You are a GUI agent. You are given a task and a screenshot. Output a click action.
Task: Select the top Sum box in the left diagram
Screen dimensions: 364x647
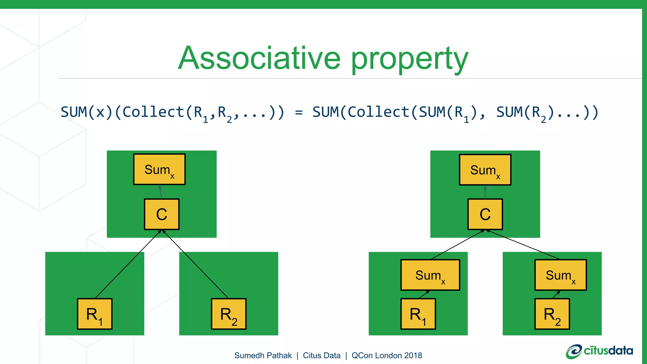pos(159,169)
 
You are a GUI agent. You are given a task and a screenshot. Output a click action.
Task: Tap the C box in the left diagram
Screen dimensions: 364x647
pos(161,214)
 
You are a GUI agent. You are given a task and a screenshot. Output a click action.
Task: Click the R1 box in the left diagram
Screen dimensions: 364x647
pos(94,314)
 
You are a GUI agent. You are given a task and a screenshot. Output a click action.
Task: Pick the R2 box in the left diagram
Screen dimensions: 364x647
pos(228,314)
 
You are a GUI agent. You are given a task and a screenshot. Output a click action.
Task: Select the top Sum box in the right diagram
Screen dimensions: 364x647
pos(485,170)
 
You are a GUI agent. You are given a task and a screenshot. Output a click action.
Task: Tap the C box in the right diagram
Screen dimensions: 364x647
pos(485,214)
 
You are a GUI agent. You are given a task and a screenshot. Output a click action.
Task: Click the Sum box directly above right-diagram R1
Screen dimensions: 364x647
pos(430,275)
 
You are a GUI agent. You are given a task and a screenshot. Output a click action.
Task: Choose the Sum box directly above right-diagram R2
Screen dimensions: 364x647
pos(560,275)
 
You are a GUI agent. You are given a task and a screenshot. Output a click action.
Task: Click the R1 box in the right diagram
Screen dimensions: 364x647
pos(418,314)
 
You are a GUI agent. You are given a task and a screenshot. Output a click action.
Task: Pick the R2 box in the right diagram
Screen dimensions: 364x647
pos(552,314)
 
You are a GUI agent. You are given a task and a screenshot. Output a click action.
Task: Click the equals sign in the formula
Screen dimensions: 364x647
pos(299,112)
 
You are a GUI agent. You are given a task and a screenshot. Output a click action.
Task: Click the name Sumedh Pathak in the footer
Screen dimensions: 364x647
pos(263,355)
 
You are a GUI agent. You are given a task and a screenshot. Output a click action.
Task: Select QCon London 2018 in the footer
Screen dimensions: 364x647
pos(387,355)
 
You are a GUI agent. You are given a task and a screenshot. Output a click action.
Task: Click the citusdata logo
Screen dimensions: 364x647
pos(599,351)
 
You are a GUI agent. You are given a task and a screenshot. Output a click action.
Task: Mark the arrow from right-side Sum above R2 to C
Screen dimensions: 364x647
pos(523,245)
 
